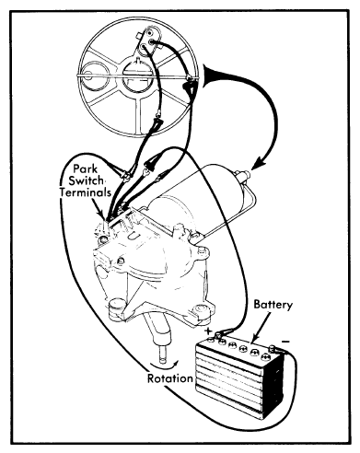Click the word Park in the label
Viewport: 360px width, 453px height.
86,168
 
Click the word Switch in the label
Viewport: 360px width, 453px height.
86,180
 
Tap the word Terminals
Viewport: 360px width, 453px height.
86,192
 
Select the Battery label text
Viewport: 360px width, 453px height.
273,305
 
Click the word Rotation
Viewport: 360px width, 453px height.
170,378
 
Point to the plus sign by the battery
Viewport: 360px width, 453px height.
208,331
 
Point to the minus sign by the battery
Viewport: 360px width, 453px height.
285,342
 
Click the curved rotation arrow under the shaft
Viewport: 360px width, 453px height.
165,366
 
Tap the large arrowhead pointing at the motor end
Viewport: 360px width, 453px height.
260,163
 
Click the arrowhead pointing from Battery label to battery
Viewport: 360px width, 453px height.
253,339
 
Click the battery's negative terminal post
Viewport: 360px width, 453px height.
272,348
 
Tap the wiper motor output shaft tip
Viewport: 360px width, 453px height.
163,357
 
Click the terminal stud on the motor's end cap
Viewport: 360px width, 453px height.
244,175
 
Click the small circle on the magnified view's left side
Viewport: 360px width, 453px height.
91,75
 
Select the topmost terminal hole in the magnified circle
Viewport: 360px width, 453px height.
150,32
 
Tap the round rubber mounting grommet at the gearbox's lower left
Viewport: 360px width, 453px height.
117,307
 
